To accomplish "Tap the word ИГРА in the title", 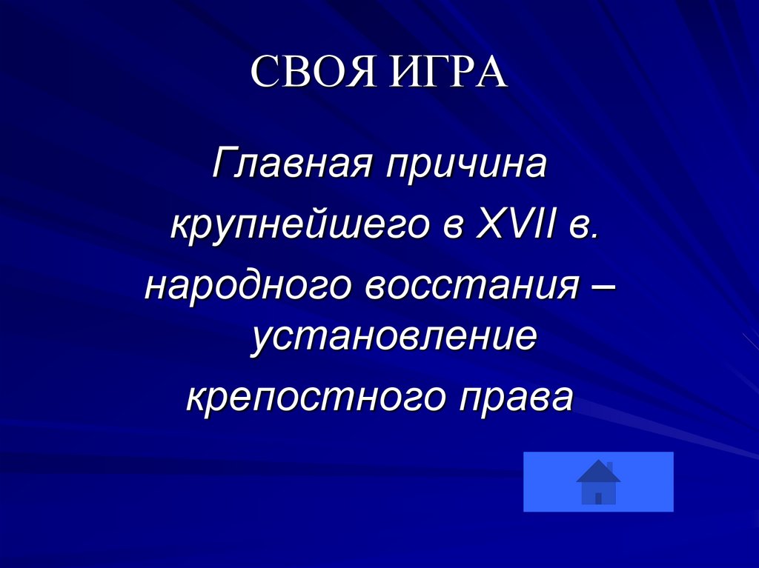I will click(442, 72).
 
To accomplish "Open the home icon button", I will click(598, 481).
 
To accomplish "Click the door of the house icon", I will click(598, 498).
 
